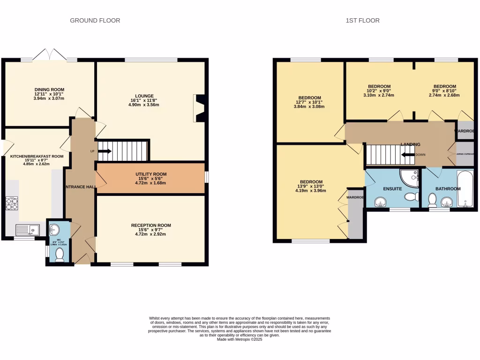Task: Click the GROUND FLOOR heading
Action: (95, 21)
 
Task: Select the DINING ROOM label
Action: (49, 90)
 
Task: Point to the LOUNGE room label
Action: (145, 95)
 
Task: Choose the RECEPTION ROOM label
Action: (150, 225)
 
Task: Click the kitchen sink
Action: (27, 230)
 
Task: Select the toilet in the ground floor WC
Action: (60, 255)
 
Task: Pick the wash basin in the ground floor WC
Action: (55, 229)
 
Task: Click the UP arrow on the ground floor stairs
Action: (104, 151)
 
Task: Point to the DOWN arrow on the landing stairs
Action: (407, 155)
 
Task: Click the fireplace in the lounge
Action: (199, 108)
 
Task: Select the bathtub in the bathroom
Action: (465, 189)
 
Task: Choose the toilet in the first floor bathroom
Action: (432, 201)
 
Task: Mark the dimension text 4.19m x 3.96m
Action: (311, 191)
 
